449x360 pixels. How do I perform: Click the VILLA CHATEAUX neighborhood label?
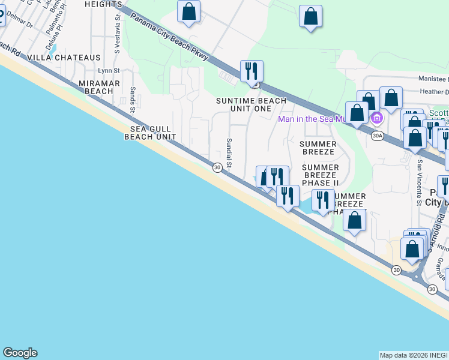tap(64, 58)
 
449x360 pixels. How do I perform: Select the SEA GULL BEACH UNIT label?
tap(150, 133)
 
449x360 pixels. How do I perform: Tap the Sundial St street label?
tap(229, 152)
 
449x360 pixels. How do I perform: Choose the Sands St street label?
tap(132, 99)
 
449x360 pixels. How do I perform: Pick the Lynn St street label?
tap(110, 71)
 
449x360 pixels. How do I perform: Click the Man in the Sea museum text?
tap(312, 119)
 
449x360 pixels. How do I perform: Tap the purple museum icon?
tap(377, 118)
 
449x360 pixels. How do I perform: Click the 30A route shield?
tap(377, 136)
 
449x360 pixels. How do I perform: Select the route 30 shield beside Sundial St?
tap(217, 168)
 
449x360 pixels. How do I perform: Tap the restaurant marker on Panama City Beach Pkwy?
tap(252, 71)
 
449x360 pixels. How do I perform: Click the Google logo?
tap(20, 353)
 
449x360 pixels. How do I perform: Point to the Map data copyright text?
tap(414, 355)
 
